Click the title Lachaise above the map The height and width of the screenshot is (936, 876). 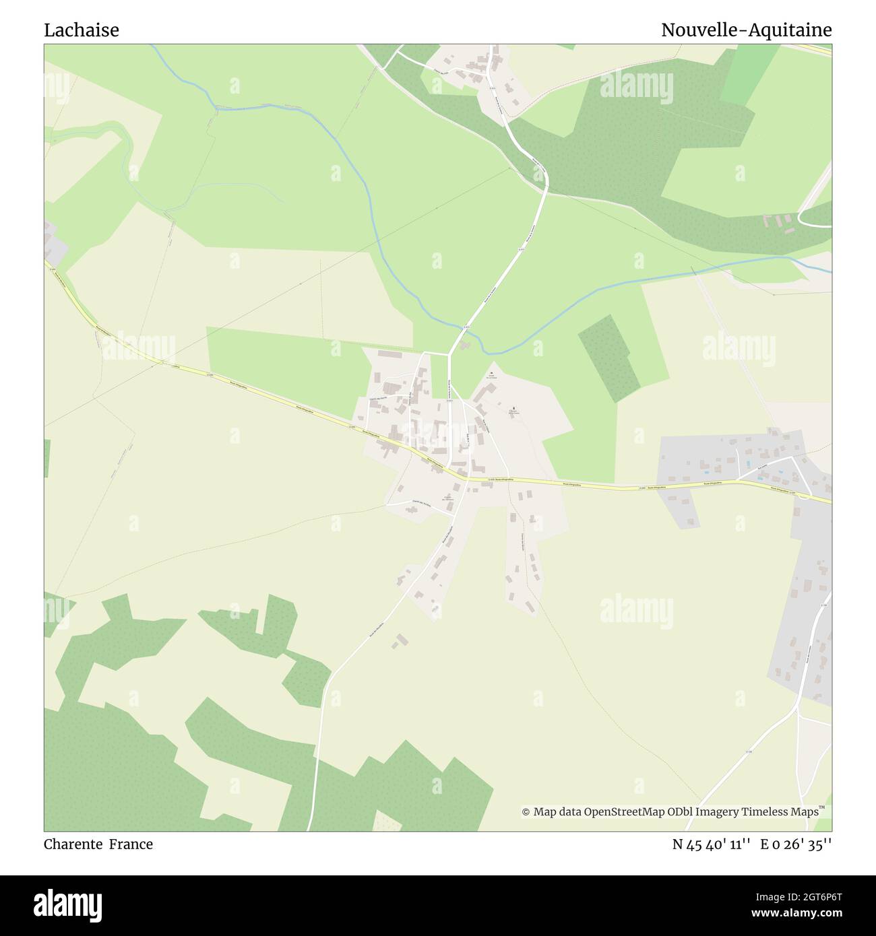(x=82, y=30)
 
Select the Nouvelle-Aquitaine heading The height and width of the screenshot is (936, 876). (x=746, y=30)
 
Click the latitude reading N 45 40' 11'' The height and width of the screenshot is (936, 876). (x=712, y=844)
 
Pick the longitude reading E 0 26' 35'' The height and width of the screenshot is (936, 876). (x=796, y=844)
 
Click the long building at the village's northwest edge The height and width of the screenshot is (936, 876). (x=389, y=354)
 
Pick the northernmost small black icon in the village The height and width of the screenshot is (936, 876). (x=491, y=373)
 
